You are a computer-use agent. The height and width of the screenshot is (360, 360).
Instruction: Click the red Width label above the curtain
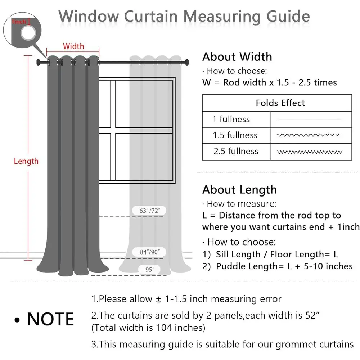[73, 46]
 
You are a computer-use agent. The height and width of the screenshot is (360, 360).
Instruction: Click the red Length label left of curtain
[26, 161]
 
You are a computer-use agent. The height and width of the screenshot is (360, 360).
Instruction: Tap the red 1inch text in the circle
[19, 22]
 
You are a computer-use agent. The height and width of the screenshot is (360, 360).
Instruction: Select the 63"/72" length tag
[149, 210]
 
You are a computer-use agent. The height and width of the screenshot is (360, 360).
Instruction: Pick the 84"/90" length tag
[149, 252]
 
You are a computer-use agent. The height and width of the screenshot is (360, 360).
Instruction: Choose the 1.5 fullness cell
[235, 135]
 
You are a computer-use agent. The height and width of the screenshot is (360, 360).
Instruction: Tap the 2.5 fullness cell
[236, 151]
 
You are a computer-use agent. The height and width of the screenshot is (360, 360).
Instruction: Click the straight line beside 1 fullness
[309, 120]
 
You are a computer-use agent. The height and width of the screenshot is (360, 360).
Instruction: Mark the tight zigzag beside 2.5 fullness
[309, 152]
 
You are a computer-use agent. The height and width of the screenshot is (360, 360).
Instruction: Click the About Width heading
[237, 57]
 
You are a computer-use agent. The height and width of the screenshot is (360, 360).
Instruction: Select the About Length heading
[239, 190]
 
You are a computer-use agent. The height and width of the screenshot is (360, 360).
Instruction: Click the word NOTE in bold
[50, 319]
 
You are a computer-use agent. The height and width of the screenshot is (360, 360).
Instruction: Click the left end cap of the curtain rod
[38, 63]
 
